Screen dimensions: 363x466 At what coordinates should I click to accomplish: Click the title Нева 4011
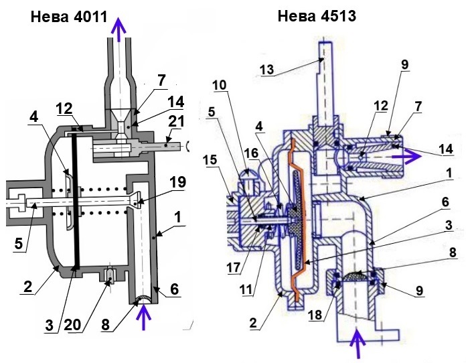point(69,17)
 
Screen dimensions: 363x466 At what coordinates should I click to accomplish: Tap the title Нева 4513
point(317,17)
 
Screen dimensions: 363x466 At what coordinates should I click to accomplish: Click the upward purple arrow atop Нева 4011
point(119,29)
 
